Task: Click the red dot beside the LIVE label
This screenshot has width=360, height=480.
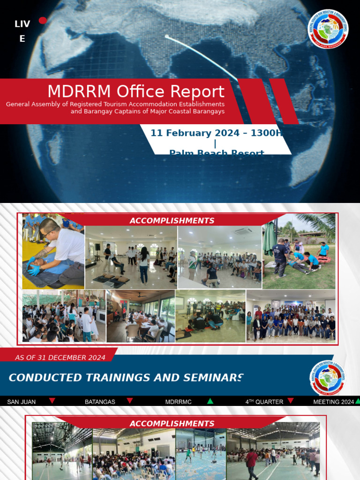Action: (43, 20)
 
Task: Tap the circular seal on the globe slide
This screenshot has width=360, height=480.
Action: (328, 30)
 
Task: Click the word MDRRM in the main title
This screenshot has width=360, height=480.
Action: (80, 91)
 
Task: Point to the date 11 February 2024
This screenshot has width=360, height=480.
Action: (196, 133)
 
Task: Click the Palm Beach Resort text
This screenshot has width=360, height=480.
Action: (217, 152)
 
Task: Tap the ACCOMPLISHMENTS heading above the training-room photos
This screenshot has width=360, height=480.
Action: (172, 221)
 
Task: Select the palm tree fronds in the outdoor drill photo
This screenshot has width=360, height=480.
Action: (319, 223)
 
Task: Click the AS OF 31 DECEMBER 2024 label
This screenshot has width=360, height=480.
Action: (60, 358)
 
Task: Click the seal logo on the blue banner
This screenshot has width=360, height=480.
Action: (328, 378)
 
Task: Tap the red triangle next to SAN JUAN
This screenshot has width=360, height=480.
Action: (52, 401)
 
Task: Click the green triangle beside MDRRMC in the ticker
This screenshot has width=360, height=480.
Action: (210, 401)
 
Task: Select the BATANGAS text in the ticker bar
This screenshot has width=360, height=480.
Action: (100, 402)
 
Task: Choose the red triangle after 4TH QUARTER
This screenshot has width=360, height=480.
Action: (291, 401)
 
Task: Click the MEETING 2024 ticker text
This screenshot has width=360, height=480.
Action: (333, 402)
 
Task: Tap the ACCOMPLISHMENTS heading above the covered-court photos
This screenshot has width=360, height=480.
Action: (172, 424)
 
